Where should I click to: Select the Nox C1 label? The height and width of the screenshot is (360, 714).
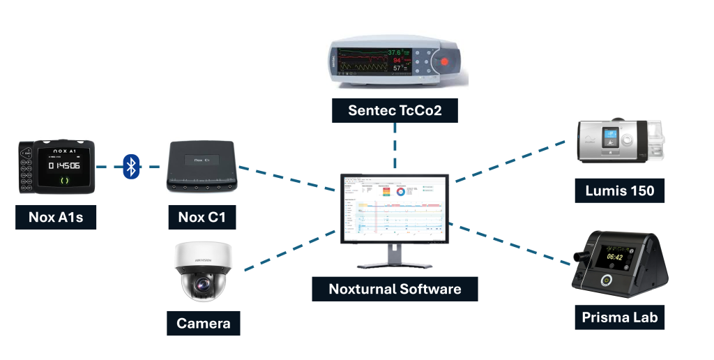[202, 217]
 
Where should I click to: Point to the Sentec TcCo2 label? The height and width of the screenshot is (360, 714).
[395, 110]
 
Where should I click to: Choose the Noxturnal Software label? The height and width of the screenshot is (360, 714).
[395, 288]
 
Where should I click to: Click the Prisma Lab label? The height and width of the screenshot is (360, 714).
[619, 317]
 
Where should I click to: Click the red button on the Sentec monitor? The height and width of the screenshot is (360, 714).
[444, 63]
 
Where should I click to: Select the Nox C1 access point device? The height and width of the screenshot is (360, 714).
[202, 167]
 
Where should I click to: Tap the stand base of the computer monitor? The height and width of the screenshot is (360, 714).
[395, 266]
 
